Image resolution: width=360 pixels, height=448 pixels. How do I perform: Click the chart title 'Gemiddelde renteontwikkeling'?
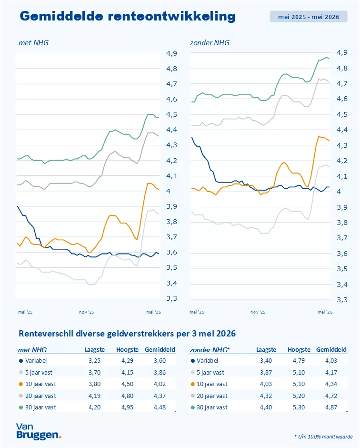[x=128, y=16]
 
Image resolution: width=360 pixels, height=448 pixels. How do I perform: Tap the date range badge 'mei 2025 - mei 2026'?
[x=309, y=17]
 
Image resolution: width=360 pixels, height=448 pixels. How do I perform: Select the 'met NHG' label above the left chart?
[x=34, y=43]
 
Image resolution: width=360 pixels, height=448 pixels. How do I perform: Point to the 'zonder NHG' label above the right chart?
[x=210, y=43]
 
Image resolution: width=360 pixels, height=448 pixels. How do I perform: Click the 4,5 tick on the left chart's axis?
[x=172, y=114]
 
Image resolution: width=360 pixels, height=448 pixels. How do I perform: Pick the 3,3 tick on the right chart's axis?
[x=342, y=300]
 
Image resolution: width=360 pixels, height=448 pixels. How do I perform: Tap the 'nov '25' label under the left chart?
[x=87, y=312]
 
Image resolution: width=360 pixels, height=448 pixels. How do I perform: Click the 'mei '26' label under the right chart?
[x=325, y=312]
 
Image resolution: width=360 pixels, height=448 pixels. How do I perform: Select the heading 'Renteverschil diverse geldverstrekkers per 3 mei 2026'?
[x=127, y=334]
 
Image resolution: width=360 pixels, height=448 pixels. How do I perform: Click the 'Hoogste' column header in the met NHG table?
[x=127, y=350]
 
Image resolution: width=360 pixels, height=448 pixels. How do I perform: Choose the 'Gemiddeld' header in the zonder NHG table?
[x=331, y=350]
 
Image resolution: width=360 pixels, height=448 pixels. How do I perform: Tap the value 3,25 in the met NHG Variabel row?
[x=94, y=361]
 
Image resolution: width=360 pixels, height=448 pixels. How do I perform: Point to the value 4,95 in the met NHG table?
[x=127, y=407]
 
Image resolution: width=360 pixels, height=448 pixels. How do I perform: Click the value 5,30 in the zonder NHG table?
[x=299, y=407]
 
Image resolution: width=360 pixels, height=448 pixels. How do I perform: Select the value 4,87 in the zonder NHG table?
[x=331, y=407]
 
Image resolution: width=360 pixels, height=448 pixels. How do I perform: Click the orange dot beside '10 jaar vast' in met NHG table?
[x=21, y=384]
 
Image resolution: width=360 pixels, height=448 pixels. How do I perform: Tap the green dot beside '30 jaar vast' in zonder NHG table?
[x=193, y=407]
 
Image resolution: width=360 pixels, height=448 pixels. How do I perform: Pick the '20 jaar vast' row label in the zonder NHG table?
[x=212, y=396]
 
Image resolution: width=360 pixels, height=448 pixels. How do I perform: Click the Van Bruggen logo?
[x=39, y=431]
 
